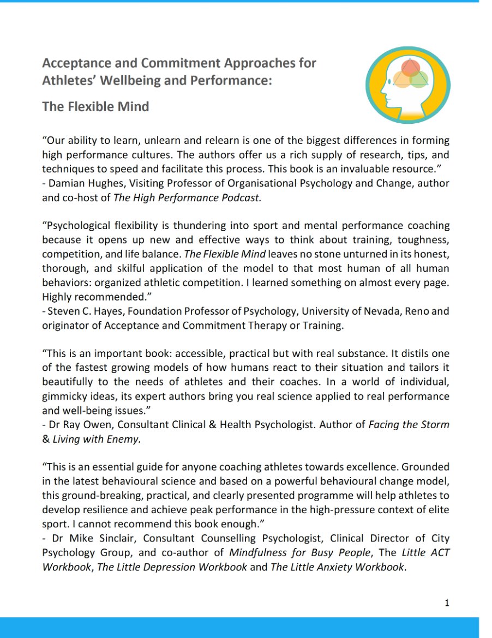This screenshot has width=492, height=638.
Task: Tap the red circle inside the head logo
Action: (410, 68)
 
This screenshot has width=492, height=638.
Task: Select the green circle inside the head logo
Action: (419, 79)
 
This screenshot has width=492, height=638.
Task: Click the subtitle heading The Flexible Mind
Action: (95, 106)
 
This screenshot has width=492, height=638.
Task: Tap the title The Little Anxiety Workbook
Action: (338, 567)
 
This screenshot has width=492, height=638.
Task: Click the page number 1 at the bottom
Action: (447, 603)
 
